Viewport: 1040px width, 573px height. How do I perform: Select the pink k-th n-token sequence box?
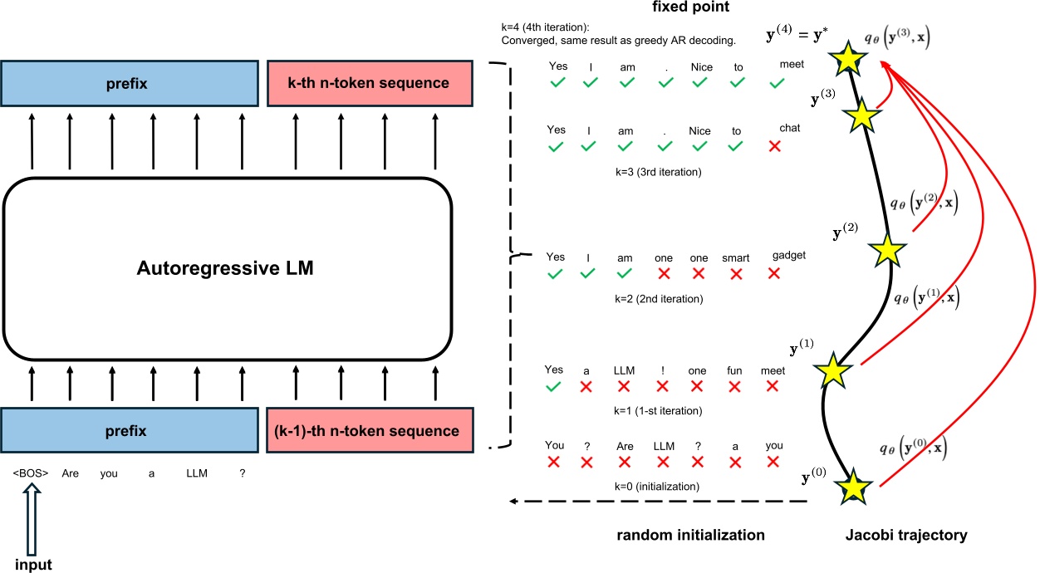pos(370,83)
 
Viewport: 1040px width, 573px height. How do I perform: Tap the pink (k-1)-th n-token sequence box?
pos(370,431)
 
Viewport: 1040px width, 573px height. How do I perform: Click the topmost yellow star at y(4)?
pos(848,59)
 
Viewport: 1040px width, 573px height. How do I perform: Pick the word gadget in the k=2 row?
pos(789,254)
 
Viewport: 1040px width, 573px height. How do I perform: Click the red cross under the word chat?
pos(774,146)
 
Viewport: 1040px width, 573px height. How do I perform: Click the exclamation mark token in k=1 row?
pos(662,370)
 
